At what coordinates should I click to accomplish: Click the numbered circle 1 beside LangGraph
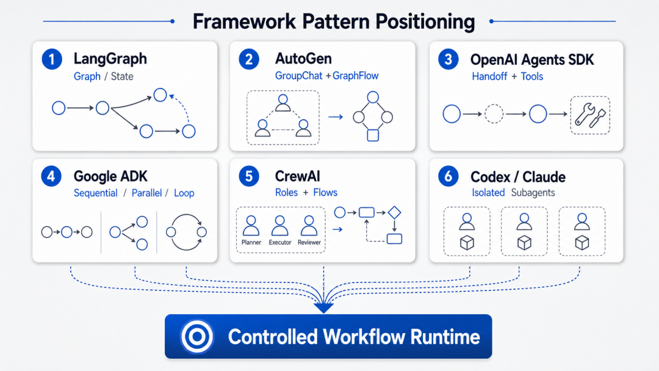point(52,59)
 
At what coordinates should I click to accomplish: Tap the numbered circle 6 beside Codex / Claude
point(448,176)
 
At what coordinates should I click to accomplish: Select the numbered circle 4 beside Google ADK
point(51,176)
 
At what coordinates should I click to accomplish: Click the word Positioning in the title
point(425,22)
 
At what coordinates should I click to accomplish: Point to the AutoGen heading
point(303,59)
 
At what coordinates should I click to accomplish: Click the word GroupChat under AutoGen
point(299,76)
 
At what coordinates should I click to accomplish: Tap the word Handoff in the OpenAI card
point(489,76)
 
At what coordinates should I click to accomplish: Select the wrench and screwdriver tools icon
point(591,115)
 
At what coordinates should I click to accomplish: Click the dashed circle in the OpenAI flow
point(494,114)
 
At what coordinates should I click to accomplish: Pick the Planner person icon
point(251,226)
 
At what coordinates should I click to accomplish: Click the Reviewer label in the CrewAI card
point(309,242)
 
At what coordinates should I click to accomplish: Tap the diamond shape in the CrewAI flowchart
point(394,212)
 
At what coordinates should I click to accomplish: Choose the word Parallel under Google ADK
point(146,193)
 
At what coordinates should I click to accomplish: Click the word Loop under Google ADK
point(184,193)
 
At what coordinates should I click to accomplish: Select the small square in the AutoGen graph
point(373,135)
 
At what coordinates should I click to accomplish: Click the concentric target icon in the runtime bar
point(196,337)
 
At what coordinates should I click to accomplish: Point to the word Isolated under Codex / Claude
point(488,192)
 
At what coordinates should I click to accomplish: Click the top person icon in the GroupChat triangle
point(283,103)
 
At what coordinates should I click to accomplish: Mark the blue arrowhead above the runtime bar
point(323,308)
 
